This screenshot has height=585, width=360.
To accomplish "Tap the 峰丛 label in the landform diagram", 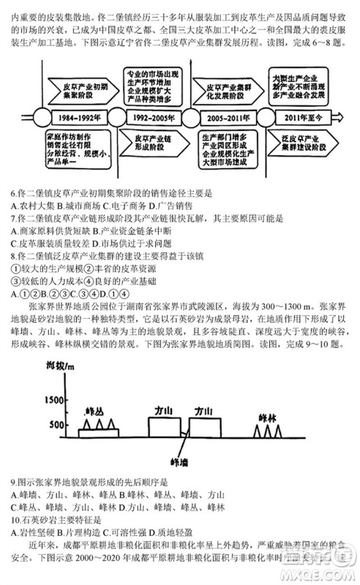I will coord(95,409).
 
